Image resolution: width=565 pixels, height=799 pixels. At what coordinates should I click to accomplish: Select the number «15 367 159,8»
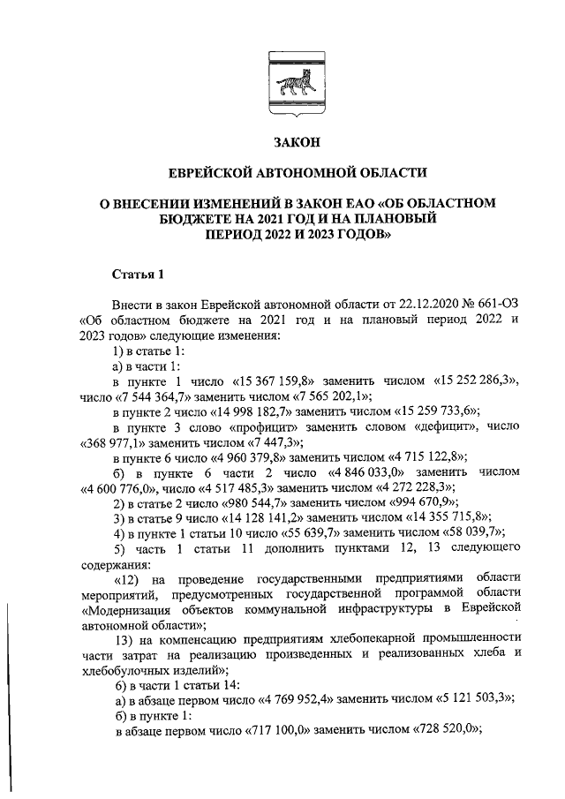(x=279, y=382)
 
